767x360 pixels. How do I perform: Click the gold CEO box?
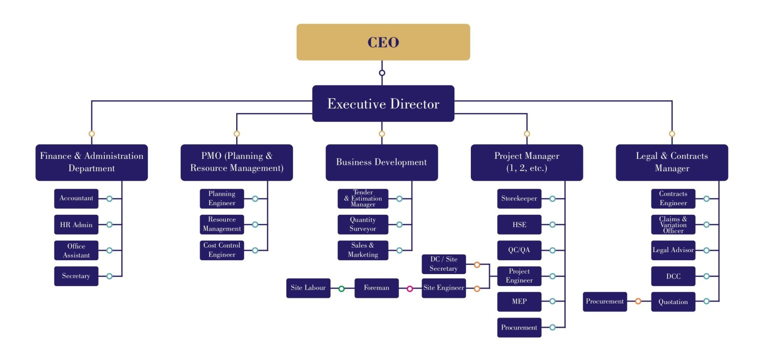383,42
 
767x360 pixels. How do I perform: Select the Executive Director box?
383,103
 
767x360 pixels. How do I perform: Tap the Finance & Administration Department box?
91,162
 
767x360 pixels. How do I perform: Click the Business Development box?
382,162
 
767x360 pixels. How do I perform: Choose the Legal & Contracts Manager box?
672,162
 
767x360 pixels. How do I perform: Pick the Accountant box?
76,199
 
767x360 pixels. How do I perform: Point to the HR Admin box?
76,225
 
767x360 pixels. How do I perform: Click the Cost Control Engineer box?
222,250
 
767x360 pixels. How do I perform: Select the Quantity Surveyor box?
363,225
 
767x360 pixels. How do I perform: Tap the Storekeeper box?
519,199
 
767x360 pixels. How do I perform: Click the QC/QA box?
519,250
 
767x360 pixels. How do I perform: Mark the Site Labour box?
308,288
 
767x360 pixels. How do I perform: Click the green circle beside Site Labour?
342,289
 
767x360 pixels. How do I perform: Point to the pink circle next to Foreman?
410,289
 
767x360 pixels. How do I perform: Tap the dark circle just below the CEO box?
382,73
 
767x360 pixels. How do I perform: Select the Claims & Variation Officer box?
673,225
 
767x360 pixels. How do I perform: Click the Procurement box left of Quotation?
605,302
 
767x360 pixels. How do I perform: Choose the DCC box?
673,276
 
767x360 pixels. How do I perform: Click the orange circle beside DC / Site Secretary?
477,265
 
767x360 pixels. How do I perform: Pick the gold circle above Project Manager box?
527,134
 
